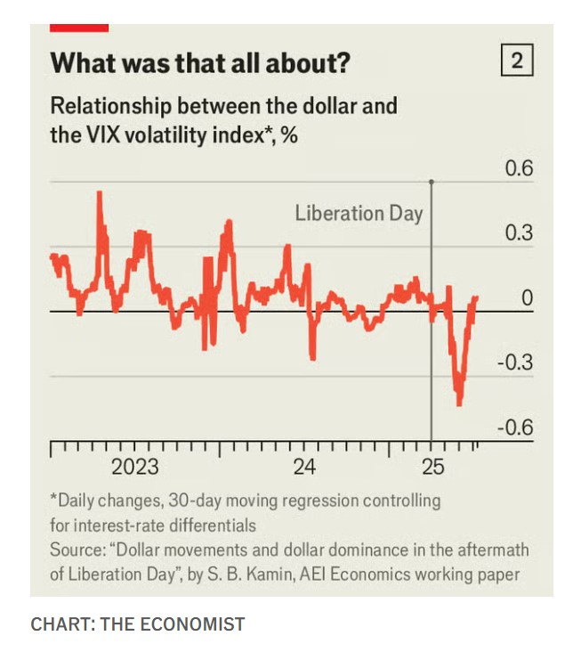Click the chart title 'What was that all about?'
[200, 63]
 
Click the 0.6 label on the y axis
[519, 168]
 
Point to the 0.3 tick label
[519, 233]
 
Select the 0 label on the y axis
[527, 298]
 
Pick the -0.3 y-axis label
[515, 363]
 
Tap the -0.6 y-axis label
[515, 428]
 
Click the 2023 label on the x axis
[134, 467]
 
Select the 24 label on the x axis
[304, 467]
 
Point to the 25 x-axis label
[432, 467]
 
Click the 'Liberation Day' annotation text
[359, 214]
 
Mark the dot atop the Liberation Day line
[432, 182]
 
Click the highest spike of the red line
[99, 193]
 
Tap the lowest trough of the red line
[460, 403]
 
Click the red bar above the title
[79, 28]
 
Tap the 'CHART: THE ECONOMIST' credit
[137, 624]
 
